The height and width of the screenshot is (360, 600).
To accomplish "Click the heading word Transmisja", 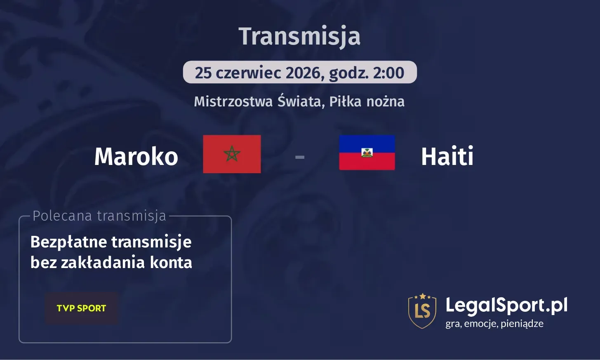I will [x=300, y=36].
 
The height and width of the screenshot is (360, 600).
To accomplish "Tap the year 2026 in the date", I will [x=303, y=73].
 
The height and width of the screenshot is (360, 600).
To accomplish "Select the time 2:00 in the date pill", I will [x=388, y=73].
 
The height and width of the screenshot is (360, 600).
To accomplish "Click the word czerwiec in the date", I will [x=249, y=73].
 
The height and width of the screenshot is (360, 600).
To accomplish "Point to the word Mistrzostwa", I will [x=233, y=101].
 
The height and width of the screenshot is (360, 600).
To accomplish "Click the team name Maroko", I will [x=136, y=157].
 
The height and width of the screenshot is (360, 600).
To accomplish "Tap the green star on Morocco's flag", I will [x=232, y=154].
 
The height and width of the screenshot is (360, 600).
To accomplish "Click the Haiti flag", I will [x=367, y=153].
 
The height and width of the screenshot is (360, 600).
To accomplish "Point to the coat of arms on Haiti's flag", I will [x=367, y=153].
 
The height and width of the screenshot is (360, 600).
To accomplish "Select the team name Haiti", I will [x=447, y=157].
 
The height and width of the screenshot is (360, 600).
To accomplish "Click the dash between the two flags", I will [x=300, y=157].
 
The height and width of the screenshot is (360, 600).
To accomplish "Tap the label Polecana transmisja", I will [x=99, y=216].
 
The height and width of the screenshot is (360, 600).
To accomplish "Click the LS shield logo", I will [x=422, y=311].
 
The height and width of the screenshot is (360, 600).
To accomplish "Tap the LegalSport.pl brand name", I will [x=506, y=306].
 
